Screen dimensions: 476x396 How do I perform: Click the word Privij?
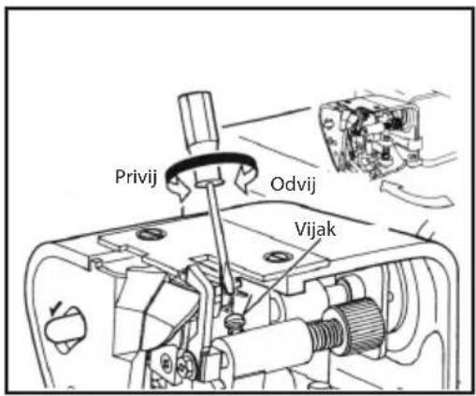click(136, 177)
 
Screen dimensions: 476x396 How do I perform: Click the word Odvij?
click(293, 184)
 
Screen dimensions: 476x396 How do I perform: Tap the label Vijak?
click(315, 229)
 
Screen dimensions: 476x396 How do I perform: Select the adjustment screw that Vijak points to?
click(236, 321)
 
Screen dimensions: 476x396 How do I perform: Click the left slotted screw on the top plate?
click(151, 233)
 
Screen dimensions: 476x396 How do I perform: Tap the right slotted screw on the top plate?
click(278, 257)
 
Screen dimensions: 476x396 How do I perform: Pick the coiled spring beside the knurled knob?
click(325, 334)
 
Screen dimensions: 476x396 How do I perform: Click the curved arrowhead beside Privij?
click(180, 186)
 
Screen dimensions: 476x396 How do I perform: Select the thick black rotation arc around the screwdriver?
click(209, 156)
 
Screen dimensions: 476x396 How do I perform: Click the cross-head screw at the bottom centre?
click(186, 362)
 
